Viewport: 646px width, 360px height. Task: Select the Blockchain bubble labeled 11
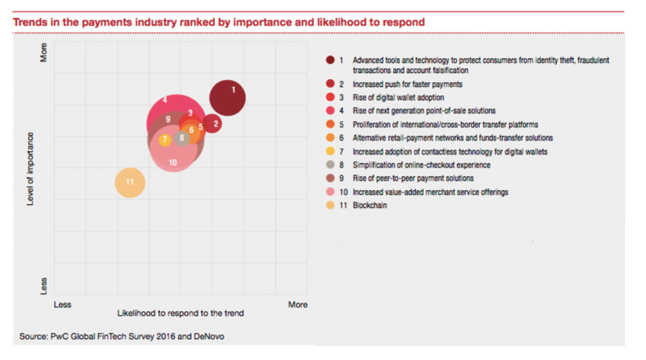pyautogui.click(x=130, y=182)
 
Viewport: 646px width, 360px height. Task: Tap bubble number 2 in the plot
pyautogui.click(x=215, y=123)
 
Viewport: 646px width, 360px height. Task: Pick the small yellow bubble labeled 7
pyautogui.click(x=165, y=140)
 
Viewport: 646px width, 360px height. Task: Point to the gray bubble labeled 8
pyautogui.click(x=182, y=138)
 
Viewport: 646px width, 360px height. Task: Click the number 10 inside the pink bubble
pyautogui.click(x=172, y=162)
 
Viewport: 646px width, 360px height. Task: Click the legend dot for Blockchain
pyautogui.click(x=331, y=206)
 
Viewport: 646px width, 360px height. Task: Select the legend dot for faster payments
pyautogui.click(x=331, y=83)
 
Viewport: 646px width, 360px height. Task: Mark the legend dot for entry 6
pyautogui.click(x=331, y=137)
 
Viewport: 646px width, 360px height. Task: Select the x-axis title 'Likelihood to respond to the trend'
pyautogui.click(x=181, y=314)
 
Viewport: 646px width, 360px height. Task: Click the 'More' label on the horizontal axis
pyautogui.click(x=298, y=305)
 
